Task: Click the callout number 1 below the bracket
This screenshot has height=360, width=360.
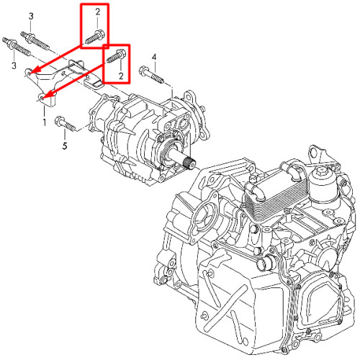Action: point(45,122)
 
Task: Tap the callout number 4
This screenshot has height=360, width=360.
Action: point(154,58)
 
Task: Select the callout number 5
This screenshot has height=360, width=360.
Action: point(65,145)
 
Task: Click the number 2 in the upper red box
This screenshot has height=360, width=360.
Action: point(98,12)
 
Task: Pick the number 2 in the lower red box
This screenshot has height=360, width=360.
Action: point(121,76)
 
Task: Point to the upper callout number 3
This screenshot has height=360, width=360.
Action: point(31,17)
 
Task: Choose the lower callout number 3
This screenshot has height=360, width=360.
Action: point(14,66)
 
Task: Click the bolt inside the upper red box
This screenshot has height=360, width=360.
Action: point(94,37)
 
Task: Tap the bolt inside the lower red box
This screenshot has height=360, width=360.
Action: point(115,56)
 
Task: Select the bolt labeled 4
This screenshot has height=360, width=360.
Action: point(152,75)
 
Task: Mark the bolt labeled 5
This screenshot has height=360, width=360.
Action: point(66,124)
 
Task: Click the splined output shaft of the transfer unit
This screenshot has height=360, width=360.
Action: point(188,162)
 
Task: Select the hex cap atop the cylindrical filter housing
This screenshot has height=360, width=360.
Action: point(321,171)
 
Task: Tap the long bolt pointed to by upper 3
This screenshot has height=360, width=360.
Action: point(35,40)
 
